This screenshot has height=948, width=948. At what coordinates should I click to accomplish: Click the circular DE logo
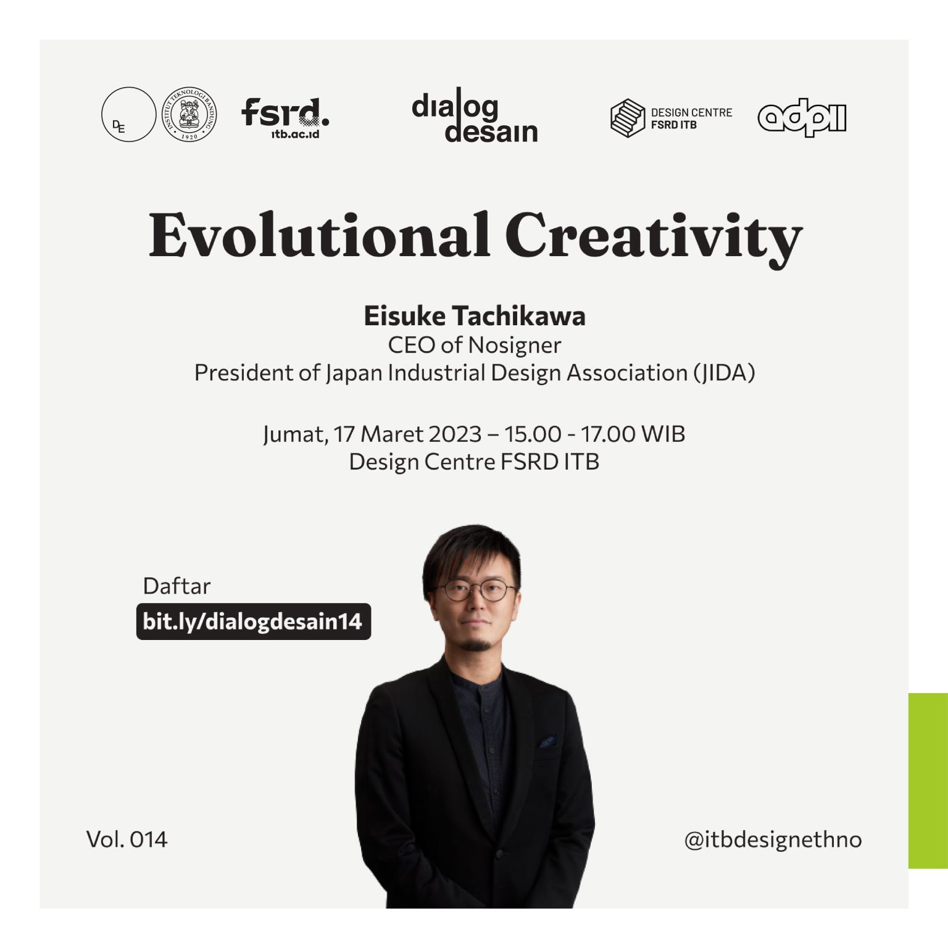coord(128,114)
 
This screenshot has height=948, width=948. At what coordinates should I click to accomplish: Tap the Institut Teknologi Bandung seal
coord(189,114)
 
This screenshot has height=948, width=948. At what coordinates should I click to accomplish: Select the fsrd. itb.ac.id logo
coord(285,117)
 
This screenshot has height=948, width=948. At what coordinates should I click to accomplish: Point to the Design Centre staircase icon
coord(627,117)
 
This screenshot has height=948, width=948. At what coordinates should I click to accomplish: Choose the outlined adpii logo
coord(802,117)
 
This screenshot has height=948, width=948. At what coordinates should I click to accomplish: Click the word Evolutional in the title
coord(319,236)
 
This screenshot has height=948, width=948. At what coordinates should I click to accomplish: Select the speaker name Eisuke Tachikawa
coord(474,316)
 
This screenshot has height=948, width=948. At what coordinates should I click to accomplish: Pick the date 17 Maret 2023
coord(407,434)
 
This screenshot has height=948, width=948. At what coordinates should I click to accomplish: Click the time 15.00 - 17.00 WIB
coord(594,434)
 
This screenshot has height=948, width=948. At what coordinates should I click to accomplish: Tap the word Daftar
coord(177,586)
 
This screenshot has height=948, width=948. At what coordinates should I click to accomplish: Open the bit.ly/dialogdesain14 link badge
coord(253,621)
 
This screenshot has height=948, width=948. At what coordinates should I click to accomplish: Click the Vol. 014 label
coord(127,839)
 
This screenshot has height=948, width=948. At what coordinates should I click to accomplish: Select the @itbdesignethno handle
coord(773,839)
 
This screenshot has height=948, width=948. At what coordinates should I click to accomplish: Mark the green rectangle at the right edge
coord(928,781)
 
